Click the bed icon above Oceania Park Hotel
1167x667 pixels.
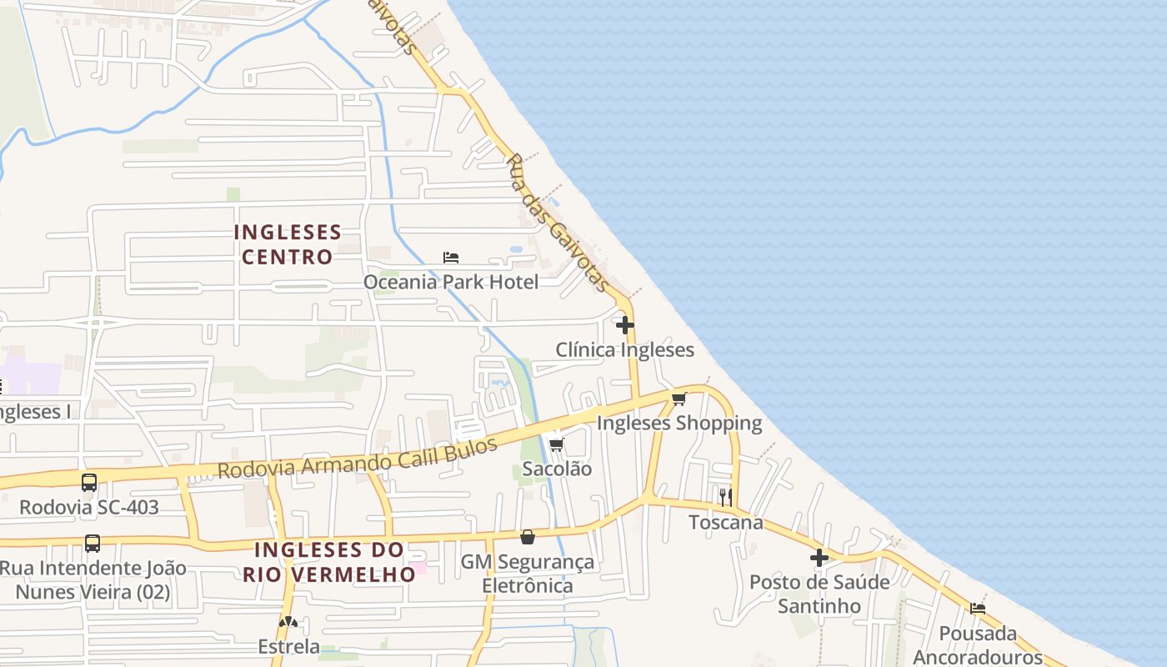(451, 257)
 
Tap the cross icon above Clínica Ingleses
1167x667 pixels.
(625, 324)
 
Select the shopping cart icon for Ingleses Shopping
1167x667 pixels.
(679, 399)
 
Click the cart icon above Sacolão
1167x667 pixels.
(556, 444)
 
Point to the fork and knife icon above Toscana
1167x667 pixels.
(726, 497)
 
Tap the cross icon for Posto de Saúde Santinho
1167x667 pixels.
(819, 557)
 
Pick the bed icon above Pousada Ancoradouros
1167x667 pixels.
(978, 608)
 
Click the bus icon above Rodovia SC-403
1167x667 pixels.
(89, 482)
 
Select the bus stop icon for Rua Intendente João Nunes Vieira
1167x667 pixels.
(93, 544)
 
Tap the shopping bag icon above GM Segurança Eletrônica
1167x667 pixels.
(527, 537)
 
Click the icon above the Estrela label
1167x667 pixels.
(288, 622)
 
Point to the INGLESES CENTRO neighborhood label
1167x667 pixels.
(288, 244)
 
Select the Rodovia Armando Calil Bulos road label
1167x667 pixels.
(358, 458)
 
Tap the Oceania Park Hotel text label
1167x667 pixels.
(451, 282)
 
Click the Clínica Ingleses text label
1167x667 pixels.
(625, 349)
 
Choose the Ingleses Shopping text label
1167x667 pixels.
(679, 424)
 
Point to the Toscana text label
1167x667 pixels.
(726, 522)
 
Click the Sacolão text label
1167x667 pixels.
(557, 469)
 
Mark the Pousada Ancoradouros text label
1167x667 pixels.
(978, 644)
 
